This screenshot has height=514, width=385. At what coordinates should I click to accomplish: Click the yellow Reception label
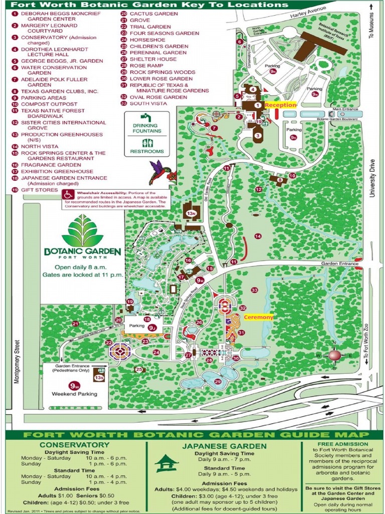click(x=280, y=105)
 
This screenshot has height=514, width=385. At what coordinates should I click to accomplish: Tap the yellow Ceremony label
click(x=259, y=317)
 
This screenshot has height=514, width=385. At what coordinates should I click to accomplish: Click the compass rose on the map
click(x=334, y=355)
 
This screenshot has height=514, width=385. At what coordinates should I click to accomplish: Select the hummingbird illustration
click(x=161, y=172)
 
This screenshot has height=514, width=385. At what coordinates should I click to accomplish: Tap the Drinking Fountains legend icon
click(x=144, y=118)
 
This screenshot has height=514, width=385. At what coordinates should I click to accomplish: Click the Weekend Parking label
click(x=74, y=394)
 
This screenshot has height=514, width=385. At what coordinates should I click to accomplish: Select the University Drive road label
click(x=372, y=178)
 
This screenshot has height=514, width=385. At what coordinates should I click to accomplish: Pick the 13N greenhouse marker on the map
click(x=191, y=213)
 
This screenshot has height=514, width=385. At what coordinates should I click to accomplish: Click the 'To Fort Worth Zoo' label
click(x=366, y=343)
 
